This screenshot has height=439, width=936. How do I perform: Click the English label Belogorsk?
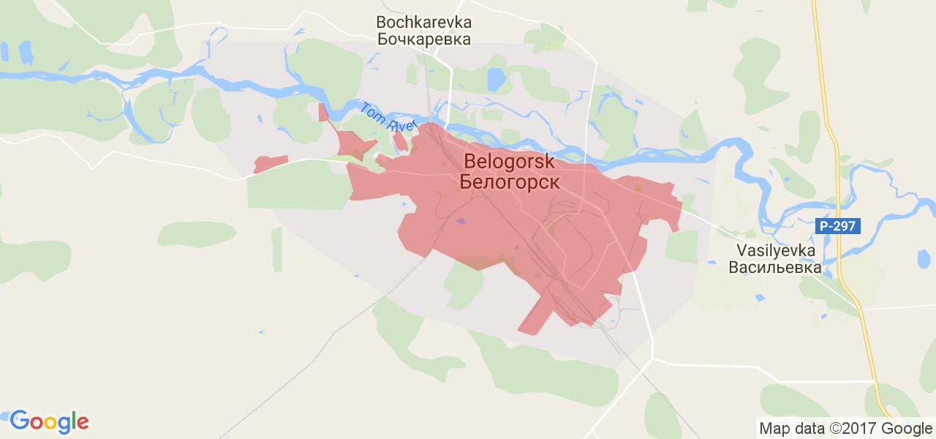(509, 161)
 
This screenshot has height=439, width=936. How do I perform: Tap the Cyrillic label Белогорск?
(509, 181)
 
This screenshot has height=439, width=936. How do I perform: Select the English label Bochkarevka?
(423, 22)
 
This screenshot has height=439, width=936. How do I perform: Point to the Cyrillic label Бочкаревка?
(423, 40)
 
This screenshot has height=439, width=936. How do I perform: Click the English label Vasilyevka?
(775, 250)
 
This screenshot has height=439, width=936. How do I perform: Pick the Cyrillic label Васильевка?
(775, 267)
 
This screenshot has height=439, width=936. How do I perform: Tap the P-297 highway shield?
(838, 226)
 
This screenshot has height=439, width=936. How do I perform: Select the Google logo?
(49, 421)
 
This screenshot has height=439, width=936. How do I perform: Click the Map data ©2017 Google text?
(845, 428)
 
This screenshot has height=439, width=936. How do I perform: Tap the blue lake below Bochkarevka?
(497, 79)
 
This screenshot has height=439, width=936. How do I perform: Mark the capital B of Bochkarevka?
(381, 22)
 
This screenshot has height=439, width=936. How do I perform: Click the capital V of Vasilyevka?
(741, 250)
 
